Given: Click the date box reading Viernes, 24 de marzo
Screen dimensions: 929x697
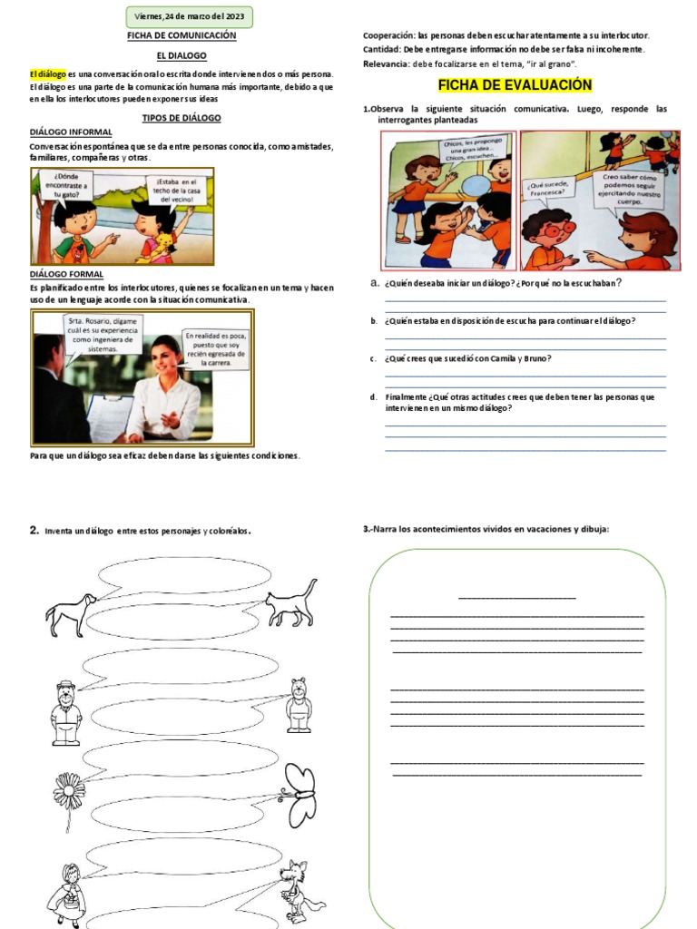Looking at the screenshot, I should (x=190, y=16).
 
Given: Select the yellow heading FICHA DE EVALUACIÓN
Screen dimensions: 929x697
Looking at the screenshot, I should (x=515, y=85).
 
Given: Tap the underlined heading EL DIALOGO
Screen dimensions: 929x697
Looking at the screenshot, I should (x=182, y=55).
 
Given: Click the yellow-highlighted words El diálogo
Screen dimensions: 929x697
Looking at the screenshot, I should (x=47, y=73).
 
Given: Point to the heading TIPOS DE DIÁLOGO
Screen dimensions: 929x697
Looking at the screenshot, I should (x=182, y=118).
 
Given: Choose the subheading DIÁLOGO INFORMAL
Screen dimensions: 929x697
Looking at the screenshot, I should (x=71, y=132).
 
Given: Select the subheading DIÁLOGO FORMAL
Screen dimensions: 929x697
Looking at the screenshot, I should (x=66, y=273).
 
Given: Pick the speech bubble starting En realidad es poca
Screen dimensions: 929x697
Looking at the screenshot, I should (x=215, y=348).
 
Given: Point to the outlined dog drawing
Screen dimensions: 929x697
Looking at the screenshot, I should (x=71, y=614).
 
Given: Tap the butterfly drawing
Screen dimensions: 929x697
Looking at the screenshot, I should (x=298, y=785).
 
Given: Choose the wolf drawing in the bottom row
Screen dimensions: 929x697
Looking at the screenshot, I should (x=297, y=890).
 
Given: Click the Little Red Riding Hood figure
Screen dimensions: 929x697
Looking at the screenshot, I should (x=68, y=894).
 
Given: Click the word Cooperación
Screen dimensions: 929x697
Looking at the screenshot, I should (x=388, y=35).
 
